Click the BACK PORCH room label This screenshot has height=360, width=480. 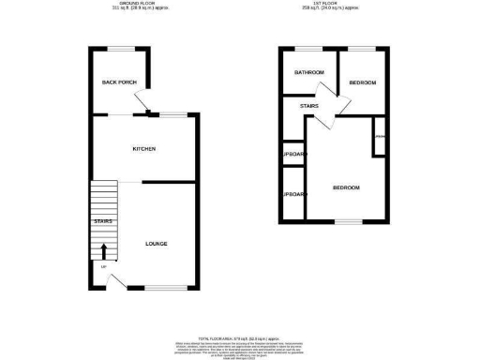tap(119, 82)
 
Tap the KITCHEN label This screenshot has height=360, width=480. tap(143, 149)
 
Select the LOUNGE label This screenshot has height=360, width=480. tap(157, 244)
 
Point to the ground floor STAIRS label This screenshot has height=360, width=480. tap(103, 221)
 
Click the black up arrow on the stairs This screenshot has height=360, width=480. tap(103, 251)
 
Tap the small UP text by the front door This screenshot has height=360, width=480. tap(102, 268)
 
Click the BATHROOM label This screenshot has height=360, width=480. tap(309, 72)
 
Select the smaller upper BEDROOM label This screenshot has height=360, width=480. tap(362, 83)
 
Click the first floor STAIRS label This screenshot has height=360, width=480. tap(308, 106)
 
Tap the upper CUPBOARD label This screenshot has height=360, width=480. tap(293, 154)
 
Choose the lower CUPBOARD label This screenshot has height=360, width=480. tap(293, 194)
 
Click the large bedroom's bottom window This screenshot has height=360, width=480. tap(348, 221)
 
